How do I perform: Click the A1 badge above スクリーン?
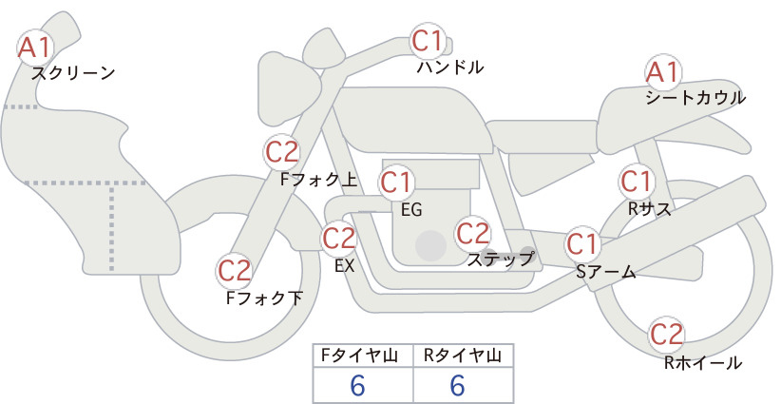pos(34,48)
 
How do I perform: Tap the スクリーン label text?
pos(73,74)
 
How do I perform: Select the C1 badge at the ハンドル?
pos(428,41)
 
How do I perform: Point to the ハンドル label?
pos(449,67)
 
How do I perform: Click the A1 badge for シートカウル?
pos(663,73)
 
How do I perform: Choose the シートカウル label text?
pos(695,98)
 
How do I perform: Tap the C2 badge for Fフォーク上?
pos(282,152)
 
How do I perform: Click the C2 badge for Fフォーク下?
pos(235,271)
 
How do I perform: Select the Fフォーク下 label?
pos(264,298)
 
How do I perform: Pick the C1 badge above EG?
pos(396,183)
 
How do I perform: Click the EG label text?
pos(411,210)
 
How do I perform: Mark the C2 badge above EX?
pos(338,238)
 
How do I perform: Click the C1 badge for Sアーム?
pos(581,244)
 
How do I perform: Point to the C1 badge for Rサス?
pos(636,182)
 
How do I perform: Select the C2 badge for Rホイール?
pos(666,335)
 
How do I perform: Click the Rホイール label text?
pos(703,363)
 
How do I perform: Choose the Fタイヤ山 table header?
pos(359,356)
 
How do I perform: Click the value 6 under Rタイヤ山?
pos(458,385)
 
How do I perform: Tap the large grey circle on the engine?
pos(430,245)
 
